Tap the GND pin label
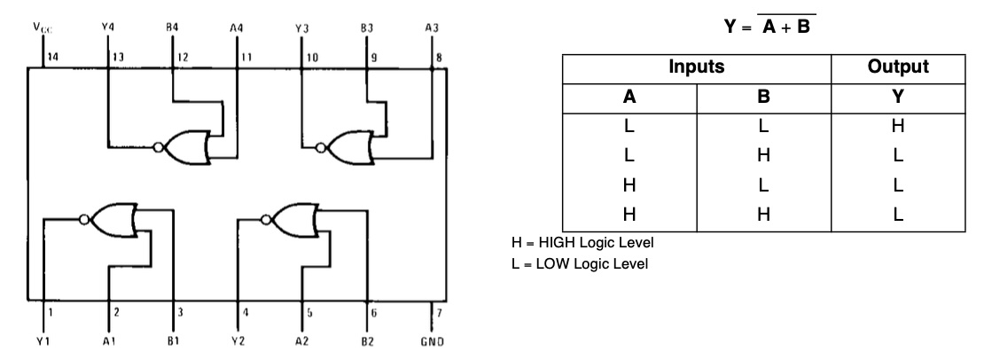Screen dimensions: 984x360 pos(433,341)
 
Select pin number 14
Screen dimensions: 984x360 pos(52,57)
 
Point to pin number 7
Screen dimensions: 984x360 pos(440,312)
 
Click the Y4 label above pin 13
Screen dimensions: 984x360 pos(108,27)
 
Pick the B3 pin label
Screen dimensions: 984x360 pos(367,27)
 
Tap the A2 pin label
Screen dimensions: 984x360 pos(302,341)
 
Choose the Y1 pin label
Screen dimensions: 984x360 pos(43,341)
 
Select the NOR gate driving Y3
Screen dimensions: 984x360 pos(347,147)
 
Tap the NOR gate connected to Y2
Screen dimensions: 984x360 pos(290,220)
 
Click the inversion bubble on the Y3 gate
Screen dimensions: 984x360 pos(321,148)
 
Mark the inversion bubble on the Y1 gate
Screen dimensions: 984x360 pos(85,220)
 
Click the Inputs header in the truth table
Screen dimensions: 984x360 pos(697,67)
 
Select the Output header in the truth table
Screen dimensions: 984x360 pos(898,67)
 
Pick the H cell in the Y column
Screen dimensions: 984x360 pos(898,126)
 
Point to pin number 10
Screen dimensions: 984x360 pos(312,57)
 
